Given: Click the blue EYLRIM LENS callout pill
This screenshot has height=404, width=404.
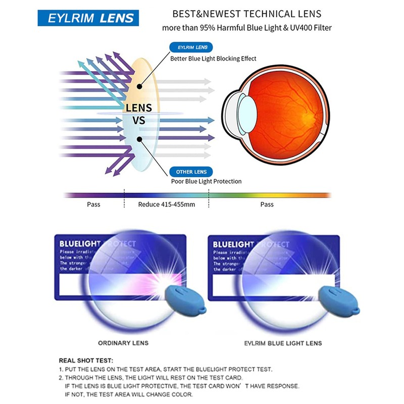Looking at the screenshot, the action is point(192,47).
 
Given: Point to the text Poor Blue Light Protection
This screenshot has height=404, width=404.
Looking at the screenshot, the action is point(207,181).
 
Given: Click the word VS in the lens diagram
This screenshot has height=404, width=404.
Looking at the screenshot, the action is point(138,121).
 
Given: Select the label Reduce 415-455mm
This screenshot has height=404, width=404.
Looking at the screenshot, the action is point(167,205).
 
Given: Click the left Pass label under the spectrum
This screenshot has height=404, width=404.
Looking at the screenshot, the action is point(93,205).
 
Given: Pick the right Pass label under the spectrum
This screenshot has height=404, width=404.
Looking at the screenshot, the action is point(267,205).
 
